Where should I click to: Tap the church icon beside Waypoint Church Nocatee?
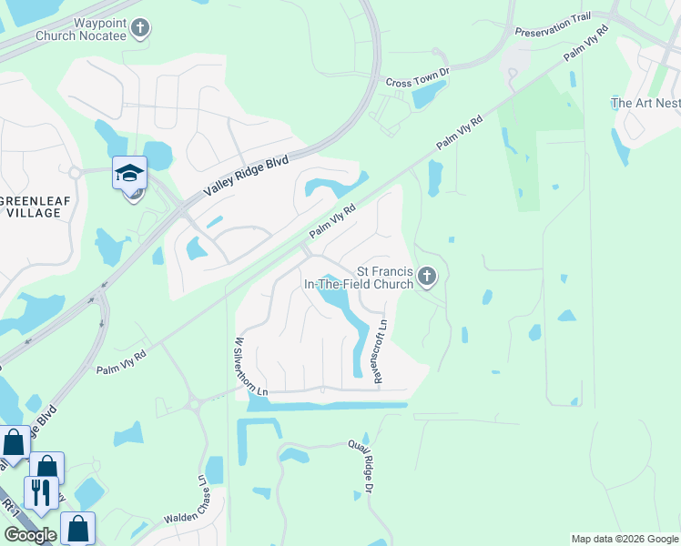(x=139, y=28)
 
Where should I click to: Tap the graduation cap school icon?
(x=129, y=172)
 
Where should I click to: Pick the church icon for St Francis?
(x=426, y=277)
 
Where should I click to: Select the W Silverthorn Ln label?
(x=238, y=365)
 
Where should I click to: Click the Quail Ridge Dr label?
(x=361, y=467)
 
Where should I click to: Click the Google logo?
(x=30, y=535)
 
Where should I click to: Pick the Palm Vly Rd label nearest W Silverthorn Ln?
(x=121, y=362)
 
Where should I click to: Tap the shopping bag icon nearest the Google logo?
(x=77, y=528)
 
